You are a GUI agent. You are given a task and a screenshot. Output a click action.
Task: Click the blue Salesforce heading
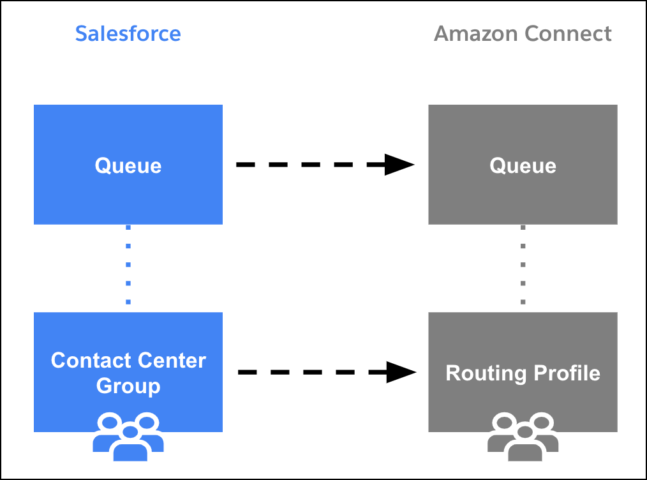pyautogui.click(x=128, y=33)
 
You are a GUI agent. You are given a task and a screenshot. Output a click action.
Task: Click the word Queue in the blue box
pyautogui.click(x=128, y=165)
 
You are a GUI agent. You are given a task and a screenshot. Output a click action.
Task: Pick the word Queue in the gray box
pyautogui.click(x=523, y=165)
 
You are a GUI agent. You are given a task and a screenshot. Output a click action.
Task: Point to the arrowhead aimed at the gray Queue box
pyautogui.click(x=400, y=165)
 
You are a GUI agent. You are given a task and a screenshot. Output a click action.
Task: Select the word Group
pyautogui.click(x=128, y=386)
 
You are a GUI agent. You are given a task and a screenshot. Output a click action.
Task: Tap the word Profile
pyautogui.click(x=567, y=373)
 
